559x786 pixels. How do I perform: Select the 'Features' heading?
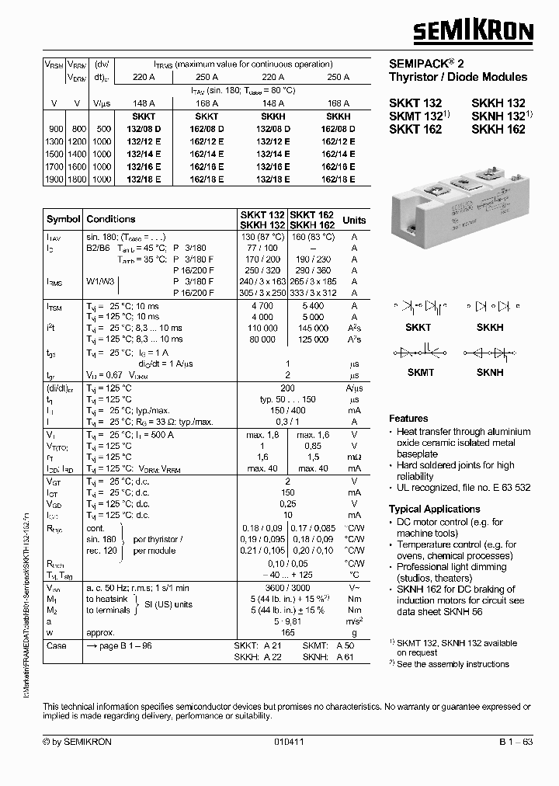tap(408, 418)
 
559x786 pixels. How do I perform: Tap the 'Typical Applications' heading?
tap(434, 509)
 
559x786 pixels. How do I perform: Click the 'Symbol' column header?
tap(63, 220)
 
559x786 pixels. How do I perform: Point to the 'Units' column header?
tap(354, 220)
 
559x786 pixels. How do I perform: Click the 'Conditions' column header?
tap(111, 220)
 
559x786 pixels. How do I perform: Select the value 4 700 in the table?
tap(263, 307)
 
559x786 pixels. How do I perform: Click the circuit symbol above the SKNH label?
tap(489, 353)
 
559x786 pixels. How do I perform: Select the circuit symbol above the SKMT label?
tap(419, 353)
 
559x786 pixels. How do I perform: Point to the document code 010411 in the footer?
tap(287, 742)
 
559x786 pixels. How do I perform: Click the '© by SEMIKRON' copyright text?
tap(78, 742)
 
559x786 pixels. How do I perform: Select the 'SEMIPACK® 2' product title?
tap(426, 63)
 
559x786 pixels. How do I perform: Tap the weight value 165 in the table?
tap(288, 633)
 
